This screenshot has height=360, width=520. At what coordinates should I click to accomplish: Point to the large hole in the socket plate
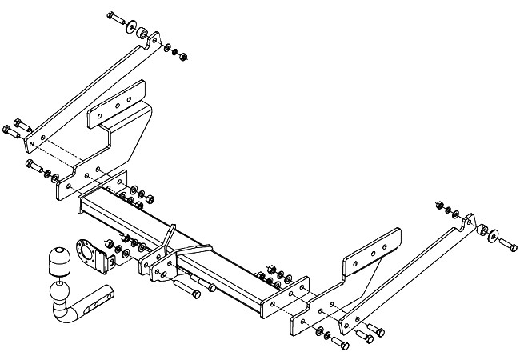coord(83,247)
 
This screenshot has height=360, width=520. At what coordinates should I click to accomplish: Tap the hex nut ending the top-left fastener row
coord(182,56)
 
